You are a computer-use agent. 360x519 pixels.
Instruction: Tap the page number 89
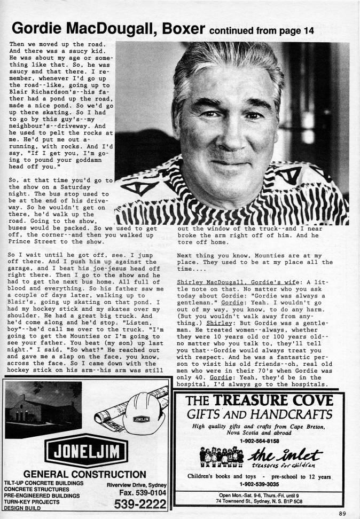pyautogui.click(x=342, y=514)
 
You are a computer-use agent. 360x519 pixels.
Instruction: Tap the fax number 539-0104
pyautogui.click(x=141, y=492)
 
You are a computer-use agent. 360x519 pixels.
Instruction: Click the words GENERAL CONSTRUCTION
pyautogui.click(x=85, y=474)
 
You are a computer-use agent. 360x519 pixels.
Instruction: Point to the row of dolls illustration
pyautogui.click(x=221, y=458)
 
